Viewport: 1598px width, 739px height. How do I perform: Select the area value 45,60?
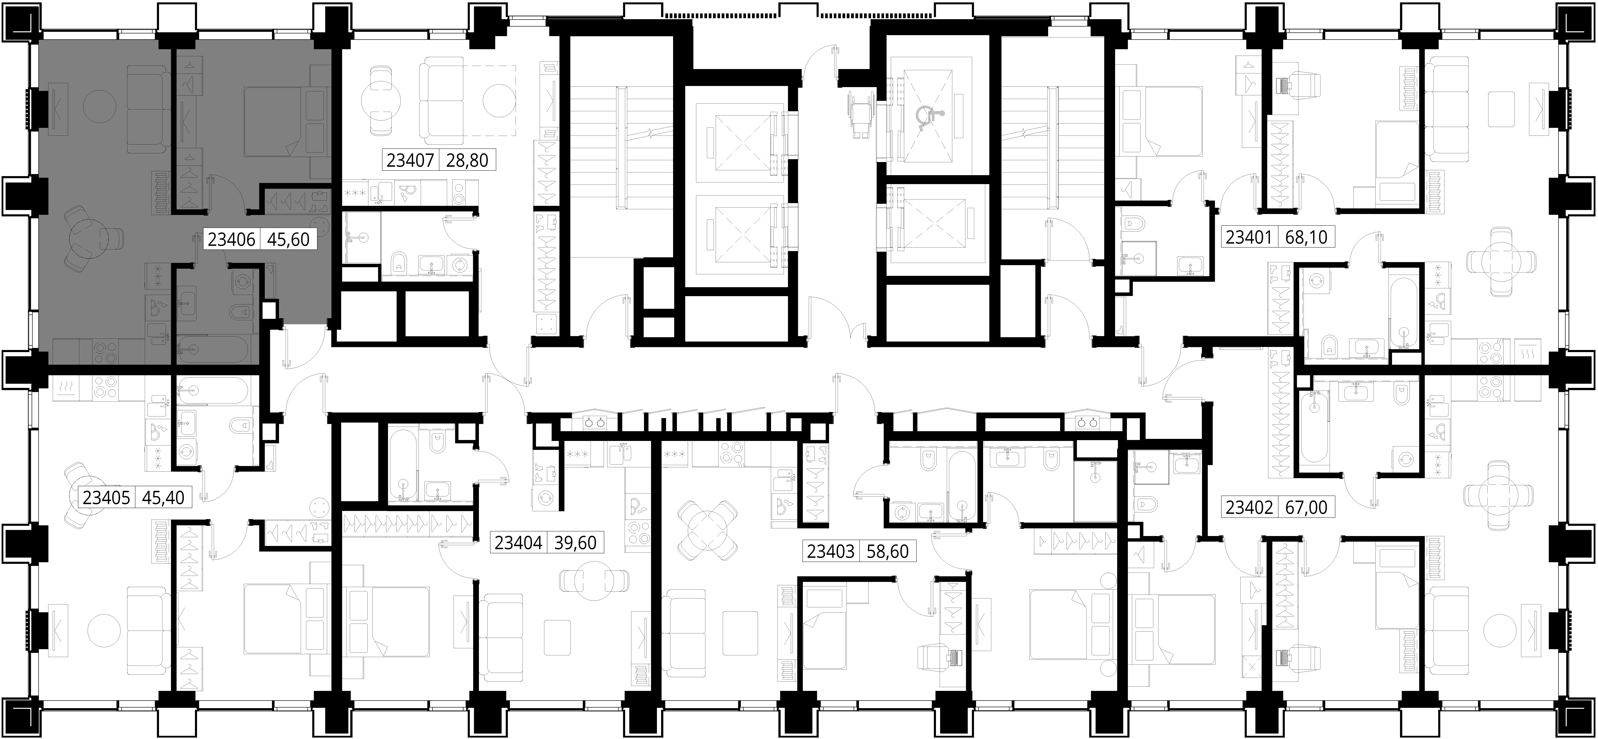[288, 239]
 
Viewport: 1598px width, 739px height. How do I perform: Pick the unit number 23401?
[1248, 237]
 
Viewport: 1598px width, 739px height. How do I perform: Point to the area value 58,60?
[887, 551]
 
